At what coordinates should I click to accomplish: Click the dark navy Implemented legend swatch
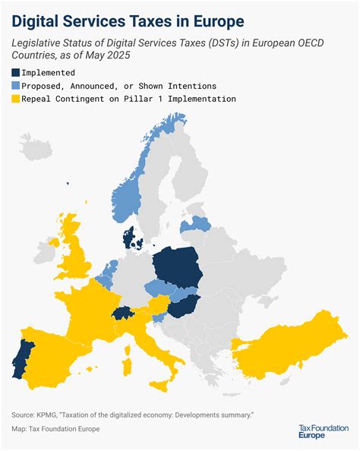point(16,72)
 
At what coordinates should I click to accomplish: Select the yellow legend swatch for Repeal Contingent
point(16,99)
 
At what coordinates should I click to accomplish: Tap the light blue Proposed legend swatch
point(16,86)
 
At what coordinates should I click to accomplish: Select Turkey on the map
point(296,349)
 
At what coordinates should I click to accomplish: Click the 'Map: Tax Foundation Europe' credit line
point(55,429)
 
